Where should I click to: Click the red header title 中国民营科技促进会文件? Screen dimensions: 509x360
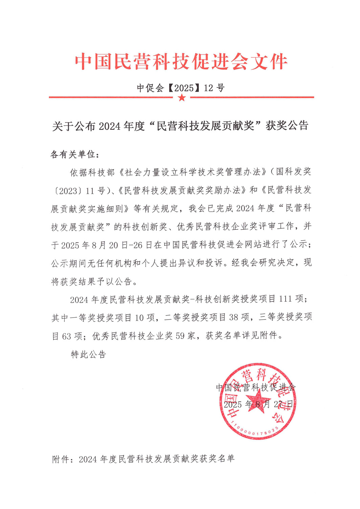(x=181, y=62)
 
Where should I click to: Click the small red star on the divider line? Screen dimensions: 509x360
(x=182, y=98)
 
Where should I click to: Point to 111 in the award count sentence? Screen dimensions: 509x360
(x=285, y=299)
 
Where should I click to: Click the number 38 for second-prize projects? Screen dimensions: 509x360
(x=234, y=318)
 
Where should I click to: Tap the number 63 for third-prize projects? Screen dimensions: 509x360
(x=66, y=336)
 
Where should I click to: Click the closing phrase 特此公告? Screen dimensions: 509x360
(x=88, y=354)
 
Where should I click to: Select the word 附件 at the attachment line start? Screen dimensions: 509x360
(x=61, y=459)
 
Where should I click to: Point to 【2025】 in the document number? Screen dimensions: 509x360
(x=184, y=88)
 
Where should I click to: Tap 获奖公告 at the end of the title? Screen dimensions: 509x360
(x=287, y=126)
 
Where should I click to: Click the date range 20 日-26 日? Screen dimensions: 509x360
(x=130, y=245)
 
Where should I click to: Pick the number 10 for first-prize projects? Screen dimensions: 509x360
(x=140, y=318)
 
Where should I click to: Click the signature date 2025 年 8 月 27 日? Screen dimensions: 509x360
(x=258, y=404)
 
